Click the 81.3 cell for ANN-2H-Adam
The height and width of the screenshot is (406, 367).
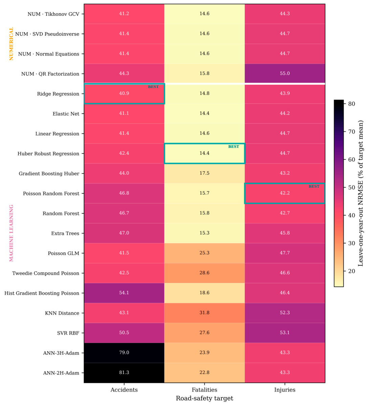(x=124, y=373)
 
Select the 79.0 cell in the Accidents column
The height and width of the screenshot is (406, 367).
(x=124, y=353)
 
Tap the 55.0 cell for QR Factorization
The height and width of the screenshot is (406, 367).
(x=285, y=73)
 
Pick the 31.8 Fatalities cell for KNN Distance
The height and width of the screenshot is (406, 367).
(x=204, y=313)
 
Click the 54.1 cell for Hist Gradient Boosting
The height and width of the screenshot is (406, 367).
(x=124, y=293)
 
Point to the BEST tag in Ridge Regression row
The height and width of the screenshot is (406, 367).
(x=153, y=87)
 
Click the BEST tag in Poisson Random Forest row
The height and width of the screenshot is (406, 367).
(x=314, y=186)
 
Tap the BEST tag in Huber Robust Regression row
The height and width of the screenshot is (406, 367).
(x=234, y=146)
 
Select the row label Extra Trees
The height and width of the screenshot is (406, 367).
(x=65, y=233)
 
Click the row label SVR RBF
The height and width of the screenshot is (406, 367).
(x=68, y=333)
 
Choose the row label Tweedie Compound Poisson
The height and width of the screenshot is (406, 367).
(x=46, y=273)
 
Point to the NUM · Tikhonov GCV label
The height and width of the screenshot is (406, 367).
(x=53, y=14)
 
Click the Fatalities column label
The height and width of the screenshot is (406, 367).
(x=204, y=390)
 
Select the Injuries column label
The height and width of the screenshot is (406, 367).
(x=285, y=390)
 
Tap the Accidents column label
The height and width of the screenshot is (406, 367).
(x=124, y=390)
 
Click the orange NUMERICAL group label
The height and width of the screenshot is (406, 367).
(x=11, y=44)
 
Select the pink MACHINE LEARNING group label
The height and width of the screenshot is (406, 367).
(x=11, y=233)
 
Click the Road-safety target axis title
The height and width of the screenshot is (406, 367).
(x=204, y=398)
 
